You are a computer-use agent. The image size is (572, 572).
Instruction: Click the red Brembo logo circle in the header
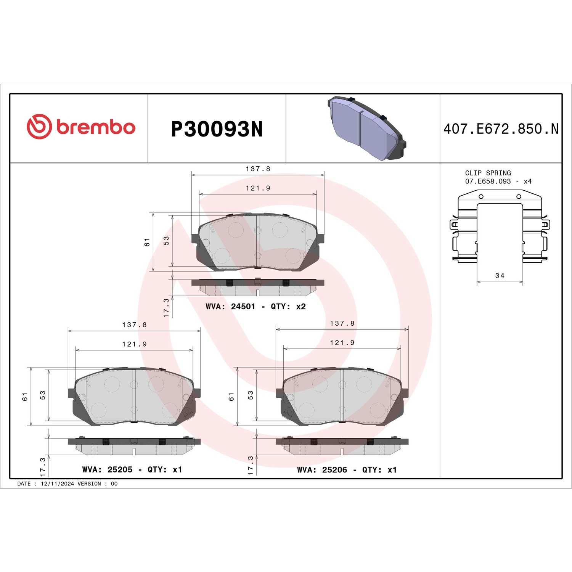(39, 127)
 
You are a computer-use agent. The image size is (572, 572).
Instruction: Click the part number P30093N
(217, 129)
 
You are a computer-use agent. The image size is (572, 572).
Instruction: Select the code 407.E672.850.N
(501, 129)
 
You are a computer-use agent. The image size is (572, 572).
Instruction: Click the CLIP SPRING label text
(488, 173)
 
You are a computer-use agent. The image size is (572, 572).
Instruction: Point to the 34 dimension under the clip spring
(500, 275)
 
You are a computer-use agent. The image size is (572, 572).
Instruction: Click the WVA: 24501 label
(230, 307)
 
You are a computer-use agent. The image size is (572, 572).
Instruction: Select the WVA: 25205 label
(107, 469)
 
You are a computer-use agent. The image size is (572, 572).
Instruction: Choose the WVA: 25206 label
(322, 469)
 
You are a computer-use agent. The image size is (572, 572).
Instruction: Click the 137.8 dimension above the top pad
(258, 169)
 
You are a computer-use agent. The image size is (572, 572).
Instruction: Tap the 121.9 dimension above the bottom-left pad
(134, 344)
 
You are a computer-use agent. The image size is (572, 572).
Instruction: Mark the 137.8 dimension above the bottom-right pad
(342, 323)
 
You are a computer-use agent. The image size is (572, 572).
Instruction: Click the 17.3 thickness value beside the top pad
(166, 307)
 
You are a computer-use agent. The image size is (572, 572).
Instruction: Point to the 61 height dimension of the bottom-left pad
(25, 396)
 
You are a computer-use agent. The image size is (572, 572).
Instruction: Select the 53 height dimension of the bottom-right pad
(251, 395)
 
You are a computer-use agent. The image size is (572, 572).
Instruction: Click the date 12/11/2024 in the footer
(57, 484)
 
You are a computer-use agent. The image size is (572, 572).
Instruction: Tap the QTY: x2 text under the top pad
(288, 307)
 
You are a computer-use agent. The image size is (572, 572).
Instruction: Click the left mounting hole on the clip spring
(481, 196)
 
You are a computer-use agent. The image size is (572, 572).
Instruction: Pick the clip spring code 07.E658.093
(488, 182)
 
